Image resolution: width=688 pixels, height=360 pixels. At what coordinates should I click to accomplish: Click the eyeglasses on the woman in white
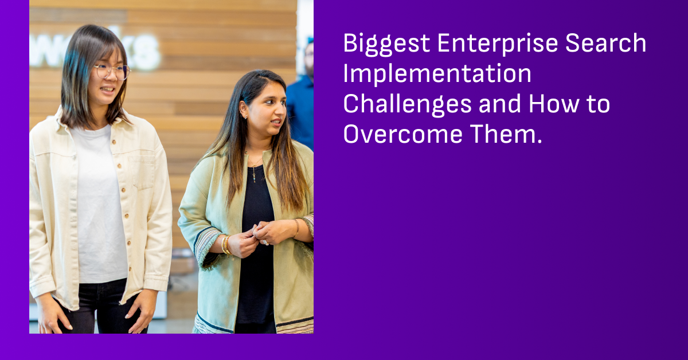(112, 71)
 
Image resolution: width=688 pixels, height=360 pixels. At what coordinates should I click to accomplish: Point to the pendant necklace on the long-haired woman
(254, 170)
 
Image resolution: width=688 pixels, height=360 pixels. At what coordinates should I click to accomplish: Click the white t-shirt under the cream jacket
(100, 206)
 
